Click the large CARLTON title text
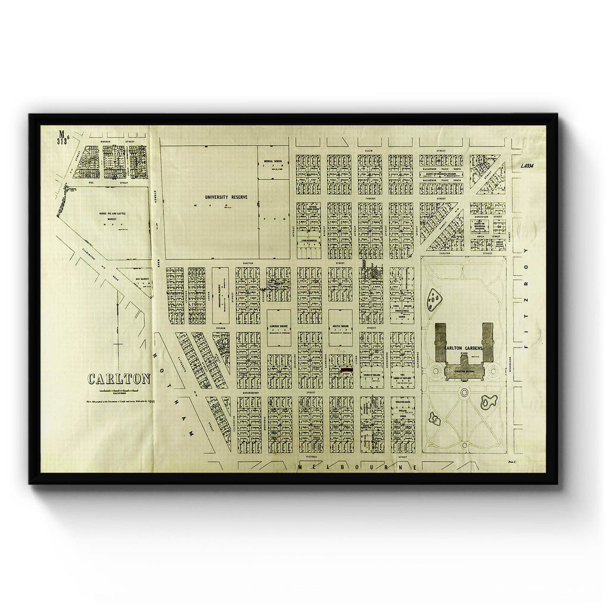119,379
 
